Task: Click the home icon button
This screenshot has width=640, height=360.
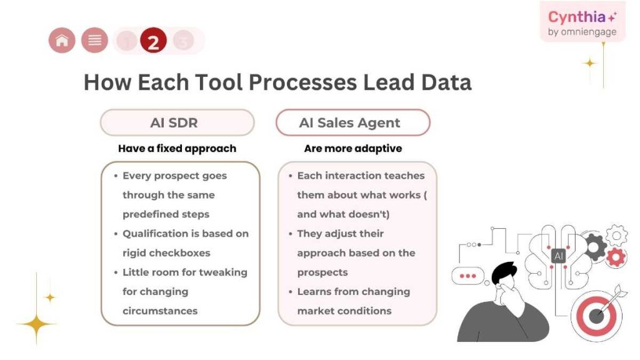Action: (x=62, y=41)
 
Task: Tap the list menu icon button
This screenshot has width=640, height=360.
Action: (x=94, y=41)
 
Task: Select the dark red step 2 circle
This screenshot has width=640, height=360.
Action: (x=153, y=41)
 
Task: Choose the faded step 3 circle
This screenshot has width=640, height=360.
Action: (x=183, y=41)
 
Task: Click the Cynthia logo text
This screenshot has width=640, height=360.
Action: (x=578, y=17)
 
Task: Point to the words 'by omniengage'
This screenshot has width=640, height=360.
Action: (x=582, y=32)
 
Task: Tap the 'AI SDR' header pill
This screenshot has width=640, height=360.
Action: (x=177, y=122)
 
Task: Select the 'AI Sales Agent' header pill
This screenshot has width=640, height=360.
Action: (x=352, y=122)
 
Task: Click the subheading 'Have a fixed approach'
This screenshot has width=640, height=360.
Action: (x=177, y=149)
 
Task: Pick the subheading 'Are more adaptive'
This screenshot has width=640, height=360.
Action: (x=352, y=149)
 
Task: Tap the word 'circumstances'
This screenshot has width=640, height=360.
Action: (x=159, y=311)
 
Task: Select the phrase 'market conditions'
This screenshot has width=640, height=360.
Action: (x=344, y=311)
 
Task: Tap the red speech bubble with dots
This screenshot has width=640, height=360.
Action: (x=467, y=276)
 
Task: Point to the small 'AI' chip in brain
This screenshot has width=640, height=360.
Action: (x=558, y=256)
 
